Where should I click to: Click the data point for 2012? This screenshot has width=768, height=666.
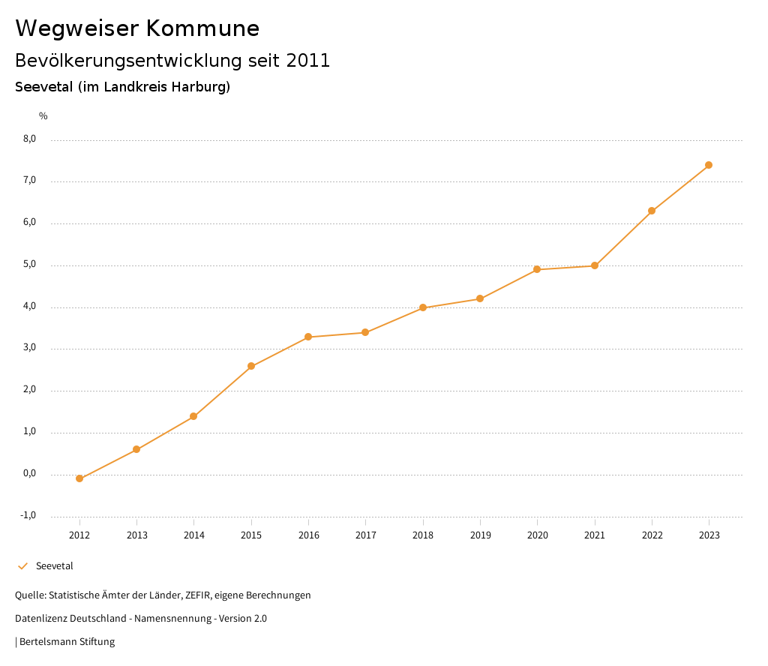click(x=79, y=478)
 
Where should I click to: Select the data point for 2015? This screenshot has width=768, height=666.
click(x=251, y=367)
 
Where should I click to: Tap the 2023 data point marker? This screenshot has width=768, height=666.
click(x=709, y=165)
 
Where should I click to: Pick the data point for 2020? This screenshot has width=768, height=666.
click(x=537, y=269)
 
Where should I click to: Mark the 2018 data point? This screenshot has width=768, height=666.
click(x=423, y=307)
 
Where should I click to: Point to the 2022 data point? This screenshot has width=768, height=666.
click(x=652, y=211)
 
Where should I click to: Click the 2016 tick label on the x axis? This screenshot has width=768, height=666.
click(x=308, y=535)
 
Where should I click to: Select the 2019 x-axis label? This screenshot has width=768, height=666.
click(x=480, y=535)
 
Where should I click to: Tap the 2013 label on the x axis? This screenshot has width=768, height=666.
click(x=136, y=535)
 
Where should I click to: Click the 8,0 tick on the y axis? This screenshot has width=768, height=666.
click(x=29, y=139)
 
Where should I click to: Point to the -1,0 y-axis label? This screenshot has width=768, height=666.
click(x=28, y=515)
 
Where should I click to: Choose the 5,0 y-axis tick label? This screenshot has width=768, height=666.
click(x=29, y=265)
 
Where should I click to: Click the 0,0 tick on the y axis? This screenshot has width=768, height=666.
click(x=29, y=474)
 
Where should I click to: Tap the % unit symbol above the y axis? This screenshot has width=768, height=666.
click(x=43, y=116)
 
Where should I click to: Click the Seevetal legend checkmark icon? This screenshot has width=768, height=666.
click(x=22, y=566)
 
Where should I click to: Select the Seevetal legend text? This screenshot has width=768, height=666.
click(x=55, y=566)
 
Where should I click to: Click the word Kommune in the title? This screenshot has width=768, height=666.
click(x=202, y=28)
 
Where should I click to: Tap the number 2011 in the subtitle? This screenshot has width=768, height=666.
click(x=307, y=61)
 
